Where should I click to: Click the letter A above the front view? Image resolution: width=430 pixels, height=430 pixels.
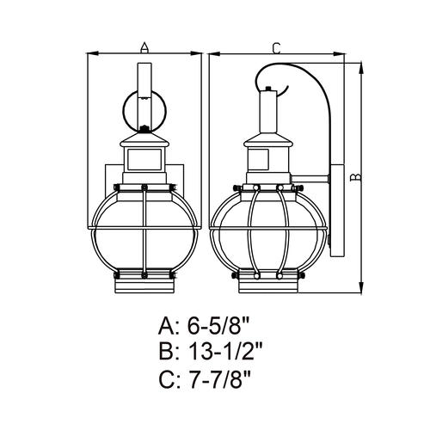144,47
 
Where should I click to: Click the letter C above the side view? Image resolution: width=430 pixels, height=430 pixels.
276,48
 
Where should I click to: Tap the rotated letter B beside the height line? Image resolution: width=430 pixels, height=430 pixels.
356,177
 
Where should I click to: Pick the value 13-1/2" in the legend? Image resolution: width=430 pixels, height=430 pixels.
226,352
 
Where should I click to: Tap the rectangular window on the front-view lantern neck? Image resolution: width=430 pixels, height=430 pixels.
144,159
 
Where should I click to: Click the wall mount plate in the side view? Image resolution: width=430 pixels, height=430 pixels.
337,211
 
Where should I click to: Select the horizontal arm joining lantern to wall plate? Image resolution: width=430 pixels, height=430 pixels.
310,179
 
